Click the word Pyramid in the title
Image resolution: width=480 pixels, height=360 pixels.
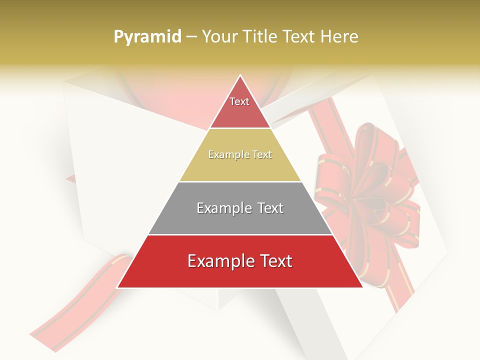tap(147, 37)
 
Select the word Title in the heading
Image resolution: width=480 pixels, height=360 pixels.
tap(261, 37)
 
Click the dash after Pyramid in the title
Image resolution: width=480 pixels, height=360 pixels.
tap(191, 37)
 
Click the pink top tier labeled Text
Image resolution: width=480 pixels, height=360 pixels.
tap(240, 107)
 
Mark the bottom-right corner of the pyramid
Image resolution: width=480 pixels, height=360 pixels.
tap(362, 287)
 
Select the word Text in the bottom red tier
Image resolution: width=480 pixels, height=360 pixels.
tap(274, 261)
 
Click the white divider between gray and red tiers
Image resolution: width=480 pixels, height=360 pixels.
tap(240, 234)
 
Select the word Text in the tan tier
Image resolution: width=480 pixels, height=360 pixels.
tap(262, 155)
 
